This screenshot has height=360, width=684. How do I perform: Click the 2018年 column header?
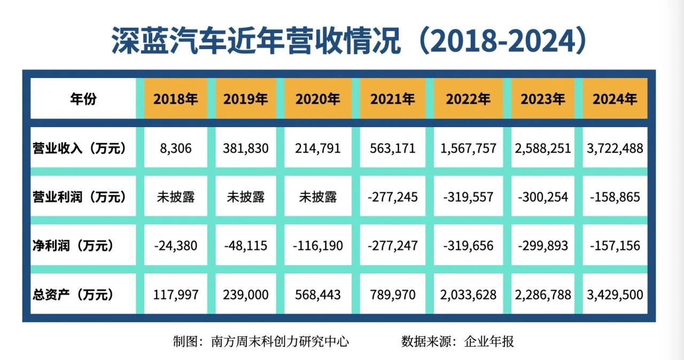tap(175, 99)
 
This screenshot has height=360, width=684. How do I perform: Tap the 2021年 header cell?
tap(392, 99)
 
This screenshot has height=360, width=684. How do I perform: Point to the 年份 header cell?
tap(83, 99)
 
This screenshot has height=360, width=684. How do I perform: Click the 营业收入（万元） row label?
tap(80, 148)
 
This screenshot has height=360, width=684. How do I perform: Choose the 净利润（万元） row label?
tap(73, 246)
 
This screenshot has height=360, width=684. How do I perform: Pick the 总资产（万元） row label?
tap(73, 294)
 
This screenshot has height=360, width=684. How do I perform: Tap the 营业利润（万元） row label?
tap(80, 197)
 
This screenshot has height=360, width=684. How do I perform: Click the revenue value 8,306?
tap(175, 148)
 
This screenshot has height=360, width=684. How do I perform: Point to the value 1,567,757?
tap(468, 148)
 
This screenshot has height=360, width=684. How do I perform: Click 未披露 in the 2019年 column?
tap(245, 197)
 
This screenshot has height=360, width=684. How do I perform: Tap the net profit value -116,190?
tap(318, 246)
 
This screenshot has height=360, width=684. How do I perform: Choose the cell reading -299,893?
tap(543, 246)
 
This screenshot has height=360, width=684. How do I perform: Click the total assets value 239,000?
tap(245, 294)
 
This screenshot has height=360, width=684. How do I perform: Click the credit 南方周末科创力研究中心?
tap(281, 341)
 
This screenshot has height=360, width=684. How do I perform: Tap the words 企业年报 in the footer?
tap(489, 341)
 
